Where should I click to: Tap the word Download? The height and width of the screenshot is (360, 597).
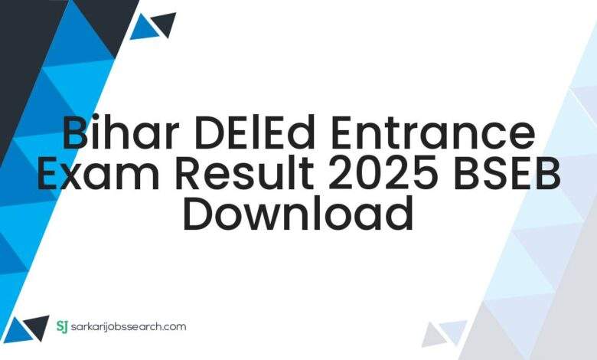tap(298, 211)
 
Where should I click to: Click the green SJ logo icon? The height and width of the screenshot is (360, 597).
tap(63, 326)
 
